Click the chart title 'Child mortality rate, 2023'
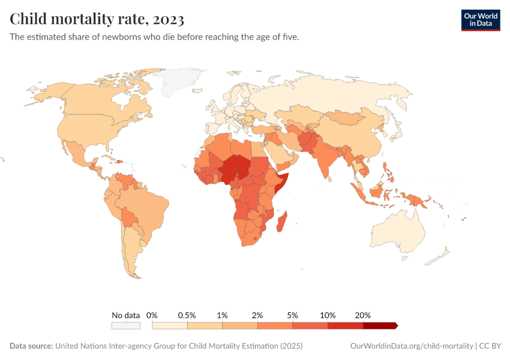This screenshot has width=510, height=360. [x=97, y=19]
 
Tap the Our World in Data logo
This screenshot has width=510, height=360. [x=480, y=20]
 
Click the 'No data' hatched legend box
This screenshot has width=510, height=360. [x=125, y=326]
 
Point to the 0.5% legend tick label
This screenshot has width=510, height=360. [x=187, y=315]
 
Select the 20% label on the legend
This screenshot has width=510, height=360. [x=363, y=315]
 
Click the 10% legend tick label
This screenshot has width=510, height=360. [x=328, y=315]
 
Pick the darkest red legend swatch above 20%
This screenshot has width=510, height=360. [x=380, y=326]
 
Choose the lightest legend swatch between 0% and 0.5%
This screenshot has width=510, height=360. [x=170, y=326]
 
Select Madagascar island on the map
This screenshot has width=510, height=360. [x=282, y=222]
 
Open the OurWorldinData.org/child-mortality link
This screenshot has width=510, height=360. [x=411, y=346]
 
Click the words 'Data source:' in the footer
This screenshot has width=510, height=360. [x=31, y=346]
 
